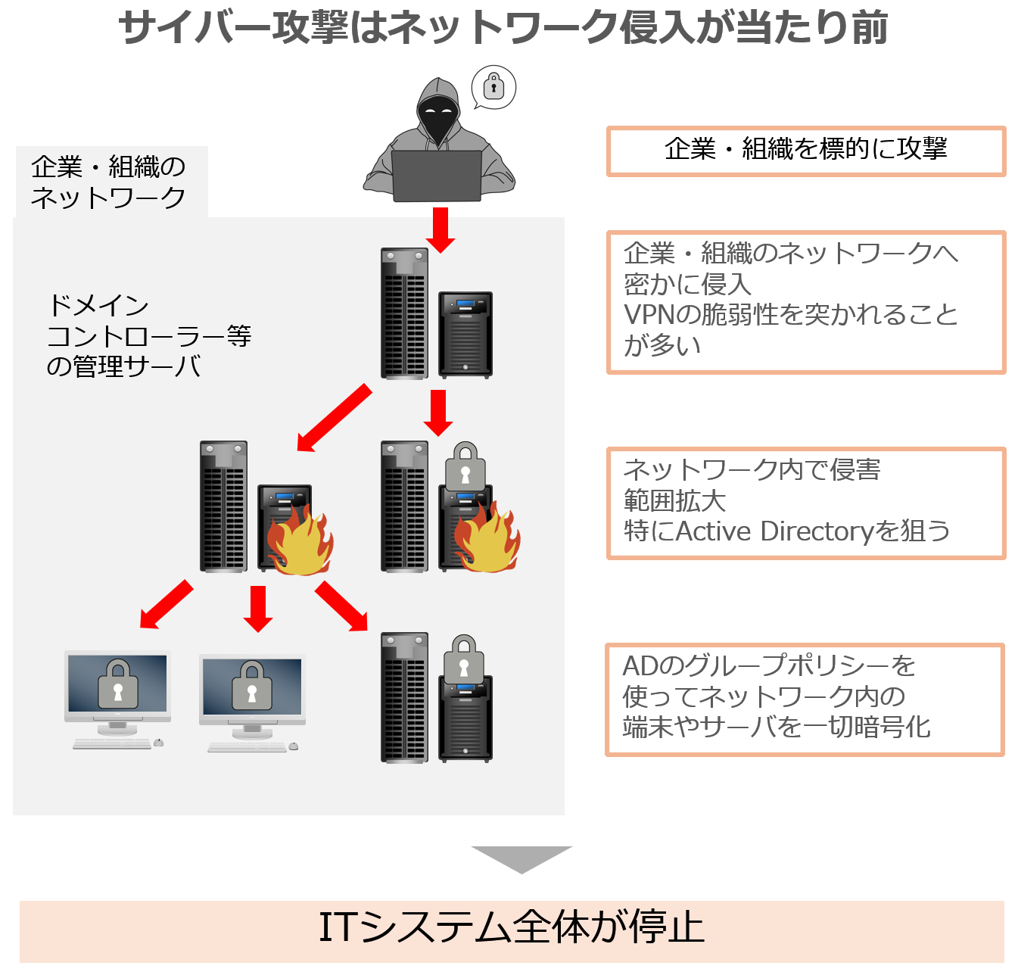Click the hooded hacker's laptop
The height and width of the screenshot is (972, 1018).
pos(437,176)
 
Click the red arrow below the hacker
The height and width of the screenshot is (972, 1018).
pos(440,229)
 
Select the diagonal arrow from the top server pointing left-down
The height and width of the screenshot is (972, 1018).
pos(334,417)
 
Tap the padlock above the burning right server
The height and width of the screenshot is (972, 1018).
pos(465,467)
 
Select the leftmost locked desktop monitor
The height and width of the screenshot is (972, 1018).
pos(117,686)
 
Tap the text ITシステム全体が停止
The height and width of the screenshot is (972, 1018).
pos(512,928)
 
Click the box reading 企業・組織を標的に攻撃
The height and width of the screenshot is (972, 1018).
pos(806,151)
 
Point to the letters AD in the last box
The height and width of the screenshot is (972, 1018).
pos(640,666)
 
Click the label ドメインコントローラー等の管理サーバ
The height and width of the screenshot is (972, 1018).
pos(148,336)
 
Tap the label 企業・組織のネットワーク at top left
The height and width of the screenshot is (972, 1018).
pos(109,182)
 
